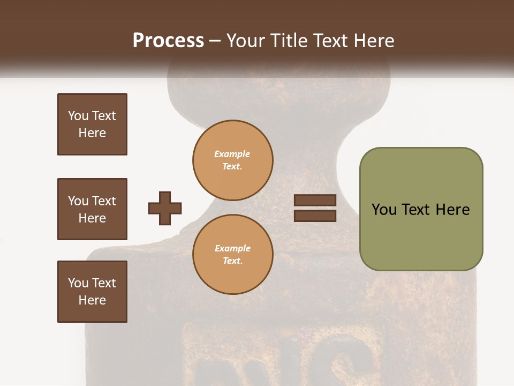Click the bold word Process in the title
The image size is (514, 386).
tap(168, 41)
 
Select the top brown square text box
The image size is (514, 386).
tap(92, 124)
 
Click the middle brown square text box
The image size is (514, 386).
tap(92, 209)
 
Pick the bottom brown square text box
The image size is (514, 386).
tap(92, 292)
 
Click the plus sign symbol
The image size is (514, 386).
tap(165, 208)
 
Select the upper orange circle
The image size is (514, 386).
tap(233, 160)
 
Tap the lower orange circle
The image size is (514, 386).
tap(233, 254)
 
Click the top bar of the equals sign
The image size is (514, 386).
tap(315, 201)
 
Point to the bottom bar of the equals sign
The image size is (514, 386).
tap(315, 216)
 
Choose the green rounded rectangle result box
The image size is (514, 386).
tap(421, 209)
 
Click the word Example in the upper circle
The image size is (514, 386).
tap(232, 154)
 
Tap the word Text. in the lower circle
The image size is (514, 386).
tap(232, 261)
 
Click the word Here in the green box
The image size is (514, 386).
tap(452, 209)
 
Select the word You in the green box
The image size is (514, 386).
tap(384, 209)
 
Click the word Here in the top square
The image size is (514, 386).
tap(92, 133)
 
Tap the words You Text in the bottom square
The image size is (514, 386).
tap(92, 283)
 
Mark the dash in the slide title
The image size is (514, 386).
tap(215, 41)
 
